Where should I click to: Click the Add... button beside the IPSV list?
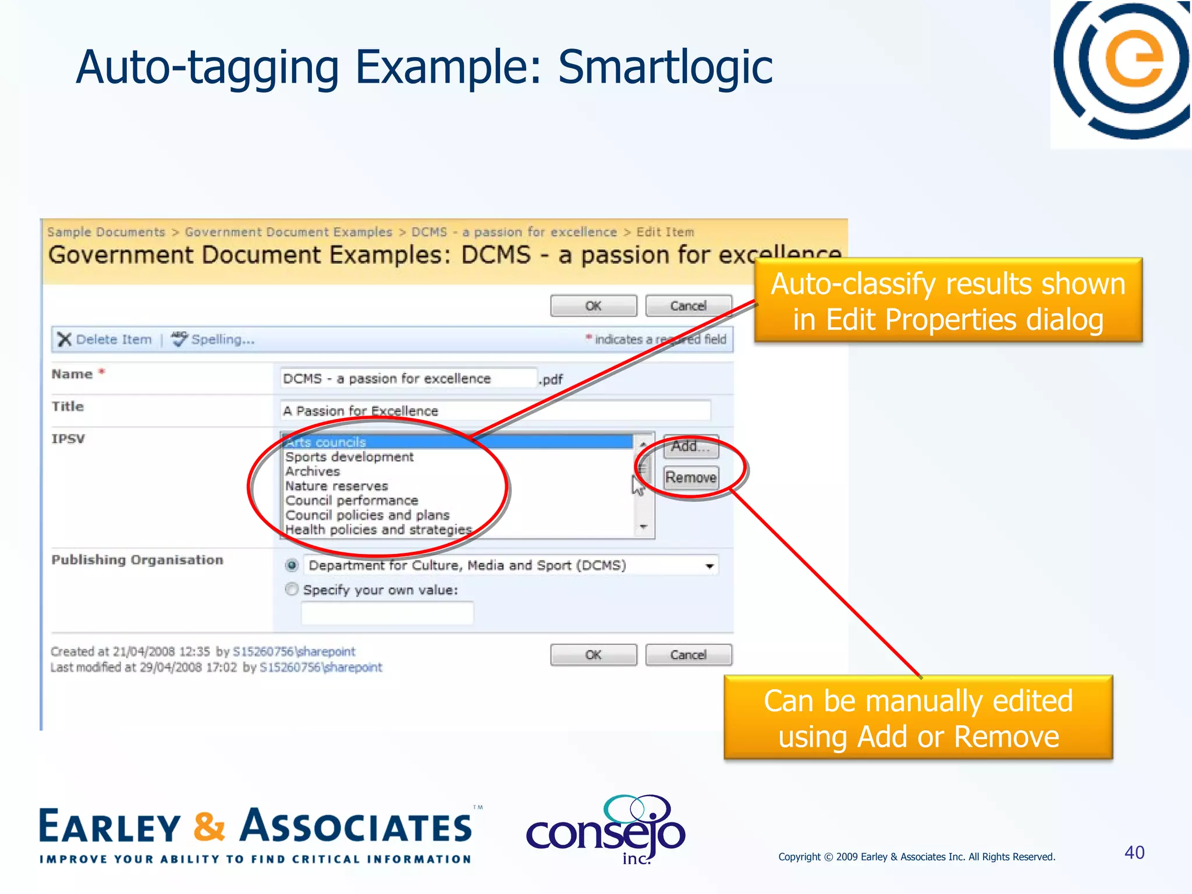(690, 446)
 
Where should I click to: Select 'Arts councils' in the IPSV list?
(326, 442)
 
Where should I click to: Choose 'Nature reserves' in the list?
(336, 486)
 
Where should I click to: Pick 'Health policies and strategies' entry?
(378, 530)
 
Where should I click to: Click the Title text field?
(495, 410)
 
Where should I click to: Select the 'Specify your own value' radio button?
(292, 589)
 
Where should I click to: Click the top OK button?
(593, 306)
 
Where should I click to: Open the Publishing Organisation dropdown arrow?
(709, 566)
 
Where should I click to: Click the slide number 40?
(1134, 853)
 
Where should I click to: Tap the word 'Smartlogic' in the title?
(665, 67)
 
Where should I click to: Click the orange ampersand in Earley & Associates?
(209, 826)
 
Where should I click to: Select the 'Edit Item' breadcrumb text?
(665, 232)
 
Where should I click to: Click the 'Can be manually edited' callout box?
(918, 718)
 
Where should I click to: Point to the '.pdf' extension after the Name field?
(551, 379)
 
